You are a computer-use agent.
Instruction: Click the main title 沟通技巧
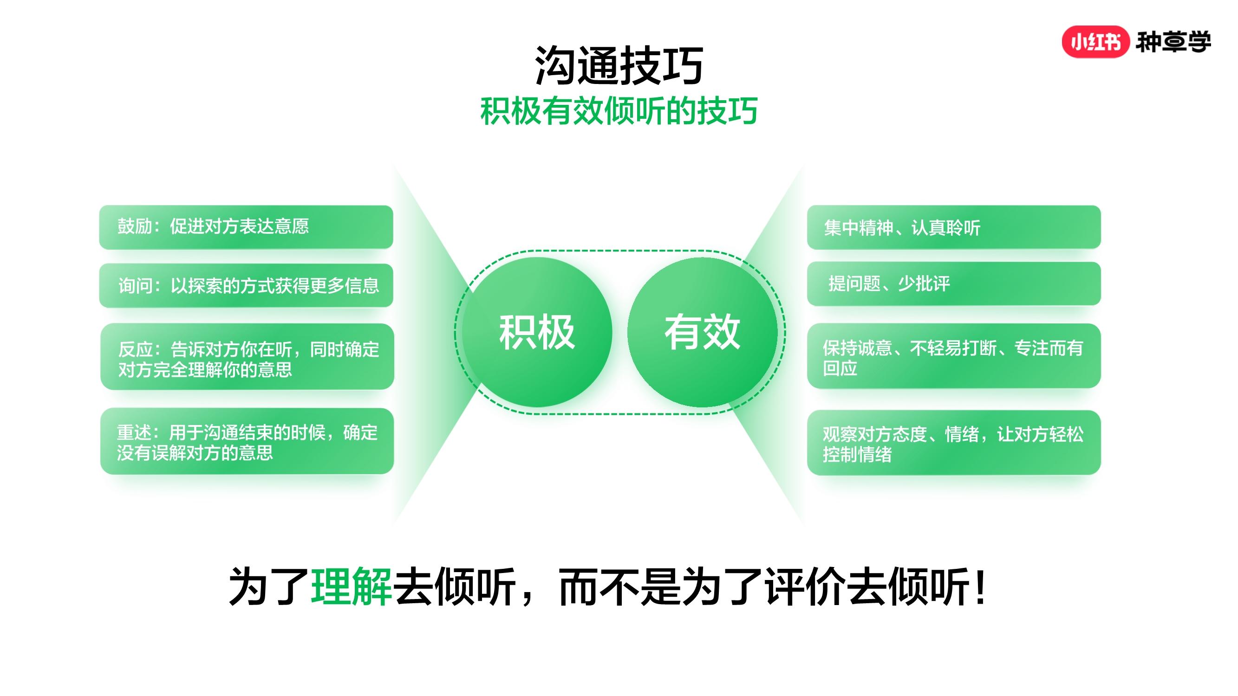pyautogui.click(x=619, y=65)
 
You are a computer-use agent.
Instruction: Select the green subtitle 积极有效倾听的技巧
pyautogui.click(x=619, y=111)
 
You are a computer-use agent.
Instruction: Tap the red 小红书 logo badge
pyautogui.click(x=1095, y=42)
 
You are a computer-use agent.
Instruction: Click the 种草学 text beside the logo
pyautogui.click(x=1173, y=42)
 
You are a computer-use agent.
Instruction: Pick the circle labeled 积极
pyautogui.click(x=537, y=332)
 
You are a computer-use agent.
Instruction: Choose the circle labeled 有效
pyautogui.click(x=702, y=332)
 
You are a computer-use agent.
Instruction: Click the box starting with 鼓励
pyautogui.click(x=246, y=227)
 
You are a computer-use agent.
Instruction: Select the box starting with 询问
pyautogui.click(x=246, y=285)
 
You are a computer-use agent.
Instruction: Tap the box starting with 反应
pyautogui.click(x=247, y=356)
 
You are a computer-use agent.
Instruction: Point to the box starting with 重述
pyautogui.click(x=247, y=441)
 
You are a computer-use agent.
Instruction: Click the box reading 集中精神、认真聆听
pyautogui.click(x=954, y=227)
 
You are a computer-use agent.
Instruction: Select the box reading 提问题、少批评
pyautogui.click(x=954, y=284)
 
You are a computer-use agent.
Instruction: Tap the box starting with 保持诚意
pyautogui.click(x=954, y=356)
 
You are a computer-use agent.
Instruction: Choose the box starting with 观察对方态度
pyautogui.click(x=954, y=442)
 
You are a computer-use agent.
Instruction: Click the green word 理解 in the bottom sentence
pyautogui.click(x=352, y=586)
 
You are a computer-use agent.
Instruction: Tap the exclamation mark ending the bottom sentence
pyautogui.click(x=981, y=586)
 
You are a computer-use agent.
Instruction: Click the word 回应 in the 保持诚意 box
pyautogui.click(x=840, y=368)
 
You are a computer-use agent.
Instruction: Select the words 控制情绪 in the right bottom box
pyautogui.click(x=857, y=454)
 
